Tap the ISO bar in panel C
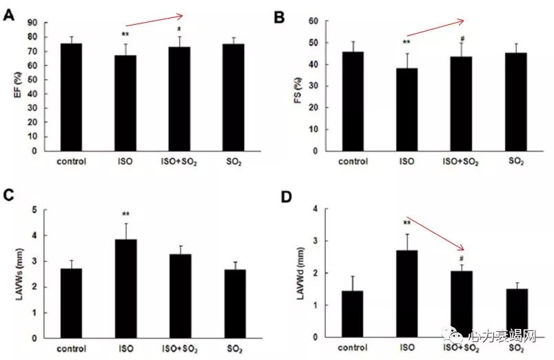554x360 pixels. (x=125, y=289)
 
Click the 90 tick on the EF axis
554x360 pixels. (x=32, y=23)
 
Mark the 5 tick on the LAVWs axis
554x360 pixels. (x=34, y=210)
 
